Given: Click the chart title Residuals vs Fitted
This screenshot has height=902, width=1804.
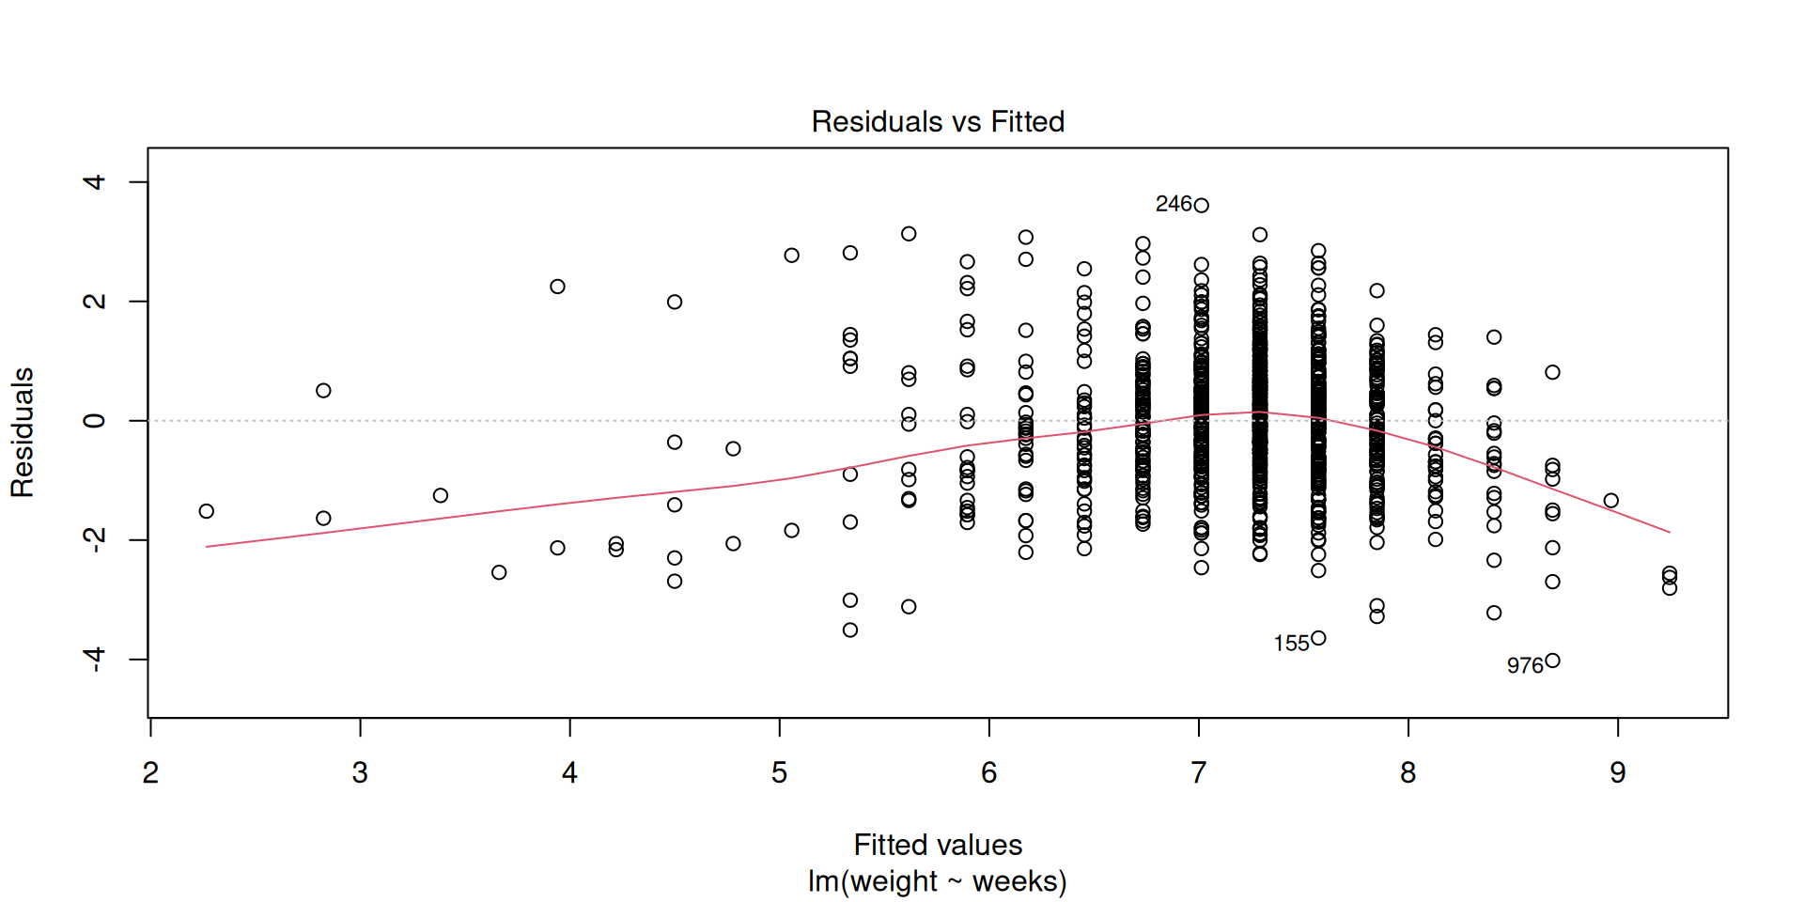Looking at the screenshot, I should point(938,122).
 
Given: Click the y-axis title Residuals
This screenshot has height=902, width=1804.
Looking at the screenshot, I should point(23,432).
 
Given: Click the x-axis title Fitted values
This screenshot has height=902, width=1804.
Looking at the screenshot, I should point(938,845).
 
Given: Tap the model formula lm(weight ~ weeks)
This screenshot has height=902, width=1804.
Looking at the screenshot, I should point(938,881).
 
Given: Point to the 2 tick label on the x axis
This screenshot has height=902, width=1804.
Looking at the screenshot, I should point(150,772).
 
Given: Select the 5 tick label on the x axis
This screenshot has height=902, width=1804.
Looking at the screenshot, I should point(779,772).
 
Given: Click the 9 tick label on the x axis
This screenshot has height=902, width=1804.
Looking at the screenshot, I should point(1617,772).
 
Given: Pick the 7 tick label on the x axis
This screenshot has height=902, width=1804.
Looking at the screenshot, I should point(1198,772).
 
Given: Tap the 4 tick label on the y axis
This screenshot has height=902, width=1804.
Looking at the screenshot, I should point(94,181).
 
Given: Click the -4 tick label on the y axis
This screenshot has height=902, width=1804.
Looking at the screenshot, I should point(94,659).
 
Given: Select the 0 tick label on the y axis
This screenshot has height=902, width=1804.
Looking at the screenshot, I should point(94,420).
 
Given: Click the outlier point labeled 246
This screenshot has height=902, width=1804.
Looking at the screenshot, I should point(1201,205).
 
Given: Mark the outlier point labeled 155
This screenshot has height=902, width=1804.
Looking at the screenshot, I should point(1318,638).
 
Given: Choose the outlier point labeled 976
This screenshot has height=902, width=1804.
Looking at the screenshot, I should point(1552,661).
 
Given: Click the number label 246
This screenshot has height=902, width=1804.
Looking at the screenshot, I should point(1174,204).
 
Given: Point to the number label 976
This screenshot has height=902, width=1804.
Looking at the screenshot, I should point(1525,665).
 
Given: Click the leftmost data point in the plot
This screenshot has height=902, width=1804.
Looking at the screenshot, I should point(207,511).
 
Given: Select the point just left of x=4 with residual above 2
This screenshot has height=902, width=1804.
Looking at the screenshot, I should point(557,287).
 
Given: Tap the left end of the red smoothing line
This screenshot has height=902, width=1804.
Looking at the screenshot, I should point(208,546).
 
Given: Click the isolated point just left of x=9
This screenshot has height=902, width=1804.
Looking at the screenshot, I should point(1610,501).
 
